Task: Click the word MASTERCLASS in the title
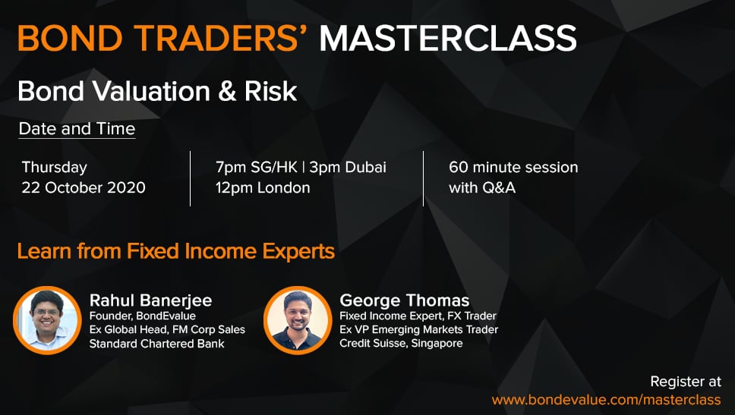(x=448, y=39)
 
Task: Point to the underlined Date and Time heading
(x=77, y=129)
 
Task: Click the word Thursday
(x=55, y=168)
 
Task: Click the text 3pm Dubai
(x=348, y=167)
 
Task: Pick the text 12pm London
(x=263, y=188)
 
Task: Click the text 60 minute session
(x=513, y=167)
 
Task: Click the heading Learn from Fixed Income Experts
(x=176, y=251)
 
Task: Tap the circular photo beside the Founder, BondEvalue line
(x=47, y=320)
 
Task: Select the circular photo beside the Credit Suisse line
(x=298, y=320)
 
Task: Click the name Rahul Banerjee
(x=150, y=300)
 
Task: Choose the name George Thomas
(x=404, y=300)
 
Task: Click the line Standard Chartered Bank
(x=156, y=344)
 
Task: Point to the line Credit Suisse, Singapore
(x=401, y=344)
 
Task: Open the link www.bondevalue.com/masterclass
(x=606, y=400)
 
